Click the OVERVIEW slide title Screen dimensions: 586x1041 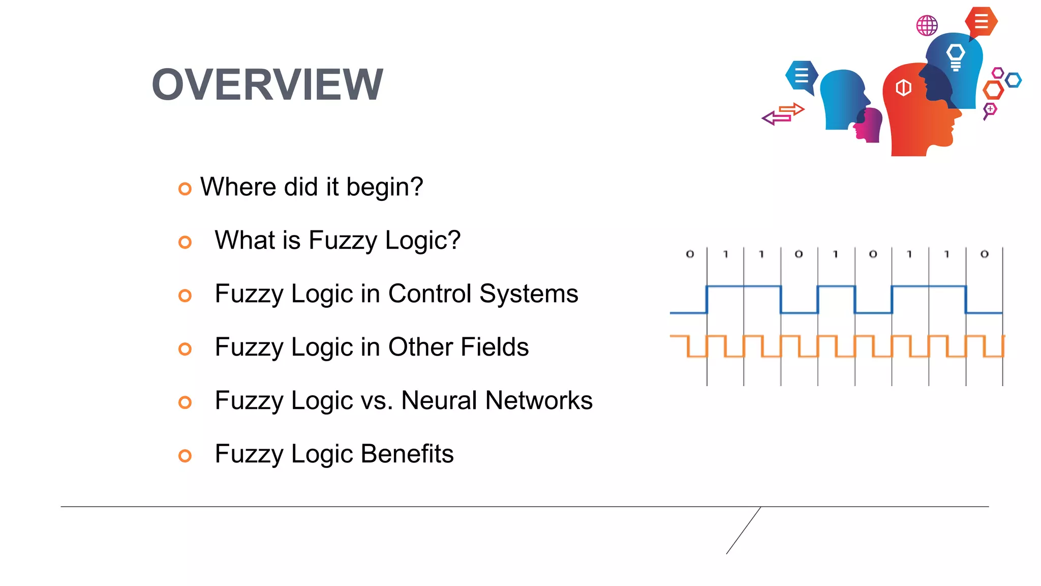click(x=267, y=84)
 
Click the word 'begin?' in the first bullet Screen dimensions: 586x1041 click(x=384, y=187)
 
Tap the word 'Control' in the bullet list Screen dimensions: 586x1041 click(x=430, y=294)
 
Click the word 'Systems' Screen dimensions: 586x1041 click(x=529, y=294)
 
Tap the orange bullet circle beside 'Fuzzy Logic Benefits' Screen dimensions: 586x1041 click(x=185, y=456)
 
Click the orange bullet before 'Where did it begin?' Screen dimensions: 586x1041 click(x=185, y=189)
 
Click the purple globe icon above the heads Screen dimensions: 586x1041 click(x=927, y=25)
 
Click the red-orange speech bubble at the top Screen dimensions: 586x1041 click(x=981, y=22)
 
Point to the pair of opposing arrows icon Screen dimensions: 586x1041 click(x=783, y=114)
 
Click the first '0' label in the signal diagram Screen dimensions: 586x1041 click(x=690, y=254)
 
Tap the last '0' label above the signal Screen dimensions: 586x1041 click(x=985, y=254)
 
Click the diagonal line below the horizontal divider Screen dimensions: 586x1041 click(x=743, y=531)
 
